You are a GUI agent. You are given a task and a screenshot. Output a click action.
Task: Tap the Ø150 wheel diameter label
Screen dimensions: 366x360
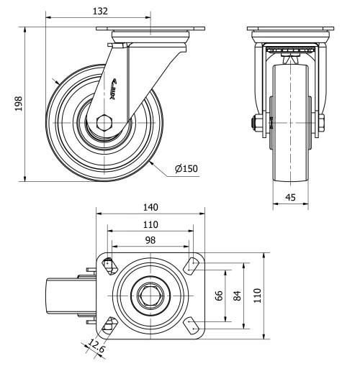pos(186,170)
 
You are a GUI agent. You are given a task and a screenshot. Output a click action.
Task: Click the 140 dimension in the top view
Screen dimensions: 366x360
pos(150,207)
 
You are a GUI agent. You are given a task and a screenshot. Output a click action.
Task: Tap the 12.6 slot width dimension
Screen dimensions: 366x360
pos(95,347)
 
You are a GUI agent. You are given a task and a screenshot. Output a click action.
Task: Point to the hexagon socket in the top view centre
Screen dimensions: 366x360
pos(151,295)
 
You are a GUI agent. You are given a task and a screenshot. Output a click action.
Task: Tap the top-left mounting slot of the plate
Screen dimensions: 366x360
pos(108,265)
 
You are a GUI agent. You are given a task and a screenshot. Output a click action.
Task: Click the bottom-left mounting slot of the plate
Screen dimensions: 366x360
pos(108,325)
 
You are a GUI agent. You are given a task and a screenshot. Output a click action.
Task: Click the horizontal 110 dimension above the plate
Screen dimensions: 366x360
pos(150,224)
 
